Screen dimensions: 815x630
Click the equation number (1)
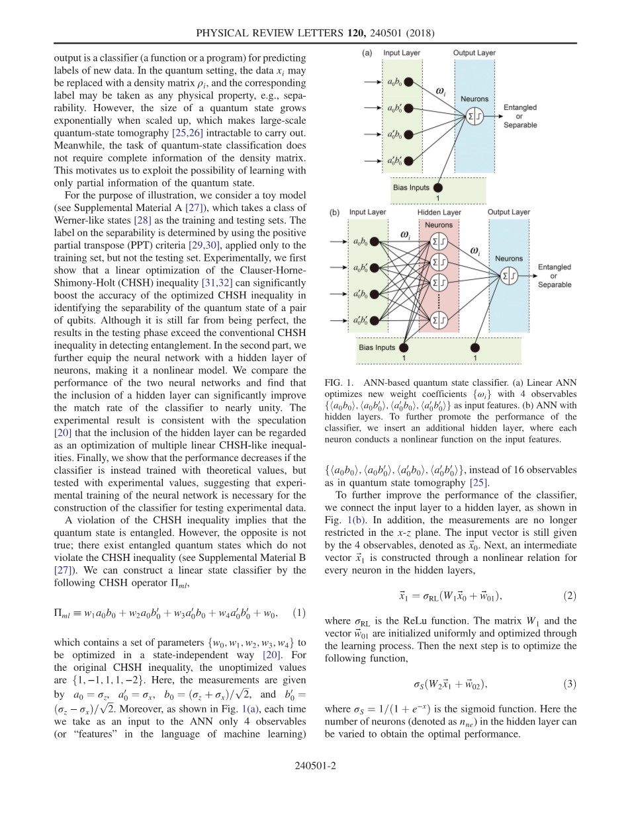point(298,613)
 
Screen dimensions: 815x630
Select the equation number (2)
point(570,595)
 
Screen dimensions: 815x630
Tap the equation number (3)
point(570,683)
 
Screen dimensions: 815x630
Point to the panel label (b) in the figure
point(335,213)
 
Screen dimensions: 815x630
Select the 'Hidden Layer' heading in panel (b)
point(439,213)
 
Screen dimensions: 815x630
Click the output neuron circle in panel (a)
point(475,116)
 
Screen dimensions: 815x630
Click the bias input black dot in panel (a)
point(438,188)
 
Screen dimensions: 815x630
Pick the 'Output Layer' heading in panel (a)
point(474,53)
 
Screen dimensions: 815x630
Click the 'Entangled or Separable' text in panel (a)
point(520,116)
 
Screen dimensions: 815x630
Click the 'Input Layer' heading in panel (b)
point(368,213)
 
